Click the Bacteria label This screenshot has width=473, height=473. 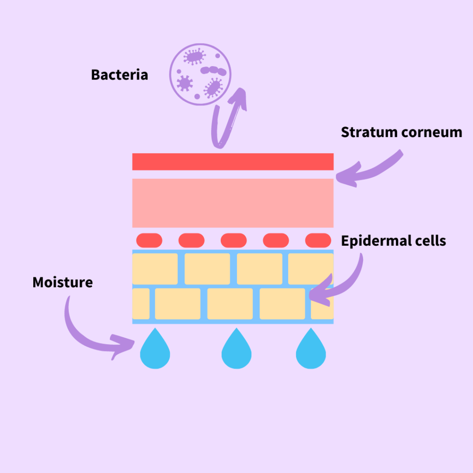[119, 75]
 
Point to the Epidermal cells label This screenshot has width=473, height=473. [394, 241]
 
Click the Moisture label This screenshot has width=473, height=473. [62, 282]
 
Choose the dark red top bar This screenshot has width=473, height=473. [233, 162]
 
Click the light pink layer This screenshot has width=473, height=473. [233, 203]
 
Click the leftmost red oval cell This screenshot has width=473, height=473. [149, 240]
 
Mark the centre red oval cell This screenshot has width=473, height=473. [234, 240]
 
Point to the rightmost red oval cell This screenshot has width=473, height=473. [318, 240]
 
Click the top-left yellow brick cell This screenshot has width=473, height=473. [155, 269]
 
